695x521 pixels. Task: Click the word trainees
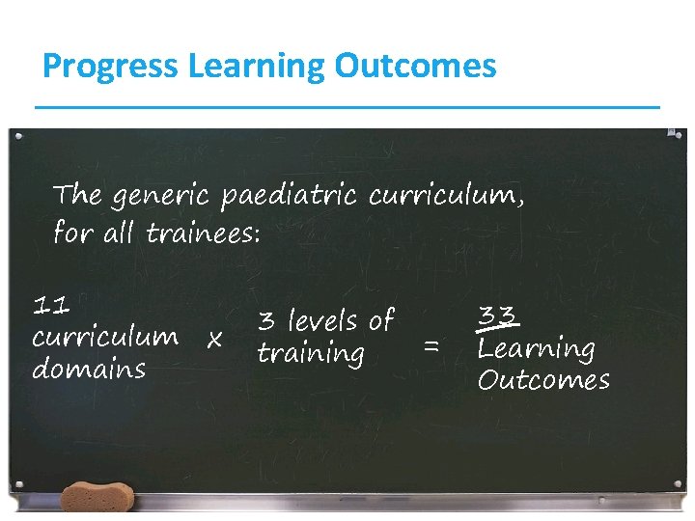(x=203, y=233)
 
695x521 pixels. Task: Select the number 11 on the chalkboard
(x=50, y=307)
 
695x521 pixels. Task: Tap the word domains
(x=88, y=369)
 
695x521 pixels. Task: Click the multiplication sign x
(x=215, y=339)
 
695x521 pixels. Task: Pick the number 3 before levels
(x=265, y=320)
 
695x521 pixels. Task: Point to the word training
(x=310, y=353)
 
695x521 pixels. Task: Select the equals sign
(x=431, y=343)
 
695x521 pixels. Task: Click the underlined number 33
(x=499, y=315)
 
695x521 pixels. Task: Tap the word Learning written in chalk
(x=536, y=348)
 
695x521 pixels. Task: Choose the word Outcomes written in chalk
(x=543, y=380)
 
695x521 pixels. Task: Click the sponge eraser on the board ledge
(x=96, y=498)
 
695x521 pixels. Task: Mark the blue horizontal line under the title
(x=347, y=106)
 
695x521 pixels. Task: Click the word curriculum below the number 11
(x=104, y=338)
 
